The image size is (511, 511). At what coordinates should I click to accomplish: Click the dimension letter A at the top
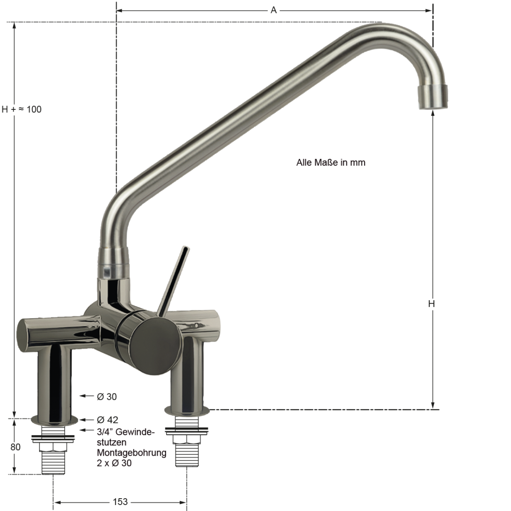click(x=273, y=10)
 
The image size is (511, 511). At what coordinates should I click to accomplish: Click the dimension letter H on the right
click(x=431, y=304)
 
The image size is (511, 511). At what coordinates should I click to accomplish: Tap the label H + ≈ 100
click(x=21, y=109)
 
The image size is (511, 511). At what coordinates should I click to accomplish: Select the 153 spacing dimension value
click(x=120, y=502)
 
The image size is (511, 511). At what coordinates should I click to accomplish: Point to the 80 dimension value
click(x=15, y=447)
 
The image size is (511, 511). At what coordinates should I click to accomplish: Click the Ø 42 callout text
click(x=107, y=420)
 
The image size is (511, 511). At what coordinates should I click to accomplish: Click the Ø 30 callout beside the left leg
click(x=106, y=397)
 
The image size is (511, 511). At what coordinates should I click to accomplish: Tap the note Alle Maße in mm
click(x=331, y=163)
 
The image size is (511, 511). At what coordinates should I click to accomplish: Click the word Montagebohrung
click(x=132, y=453)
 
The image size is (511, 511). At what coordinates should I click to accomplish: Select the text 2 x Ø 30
click(x=114, y=463)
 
